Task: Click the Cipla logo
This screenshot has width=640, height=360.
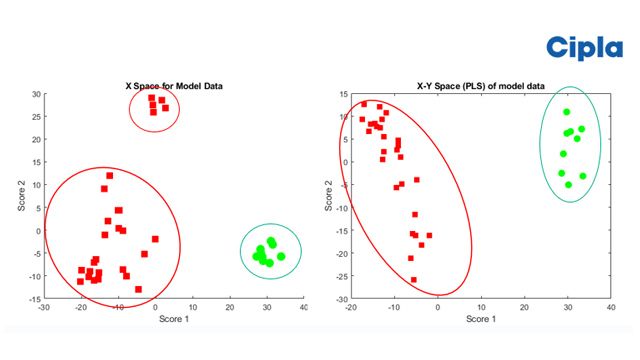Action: [584, 47]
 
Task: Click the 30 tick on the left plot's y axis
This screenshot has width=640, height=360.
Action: [35, 94]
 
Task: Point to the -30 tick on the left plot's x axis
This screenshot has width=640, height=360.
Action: [44, 309]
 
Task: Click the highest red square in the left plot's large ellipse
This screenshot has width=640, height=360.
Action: [110, 176]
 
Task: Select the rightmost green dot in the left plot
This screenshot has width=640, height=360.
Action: [281, 256]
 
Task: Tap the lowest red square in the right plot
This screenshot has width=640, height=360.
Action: [413, 280]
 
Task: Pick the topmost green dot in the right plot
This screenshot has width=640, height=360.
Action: [566, 112]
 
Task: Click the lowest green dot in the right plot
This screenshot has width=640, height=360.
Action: [568, 184]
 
